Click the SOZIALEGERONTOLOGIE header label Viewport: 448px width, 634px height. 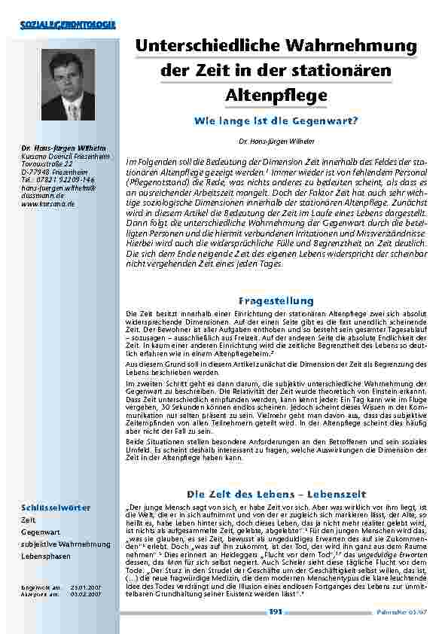tap(67, 25)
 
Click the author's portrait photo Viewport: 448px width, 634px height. tap(68, 87)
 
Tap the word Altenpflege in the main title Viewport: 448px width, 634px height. tap(276, 96)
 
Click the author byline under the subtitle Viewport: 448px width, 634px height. tap(276, 141)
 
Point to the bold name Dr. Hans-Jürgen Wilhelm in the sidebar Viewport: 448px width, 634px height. tap(62, 148)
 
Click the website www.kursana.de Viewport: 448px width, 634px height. tap(47, 203)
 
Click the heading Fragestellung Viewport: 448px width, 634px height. tap(276, 300)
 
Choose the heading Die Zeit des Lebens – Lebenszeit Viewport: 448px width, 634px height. tap(276, 493)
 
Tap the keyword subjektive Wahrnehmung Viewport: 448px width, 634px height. tap(66, 544)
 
